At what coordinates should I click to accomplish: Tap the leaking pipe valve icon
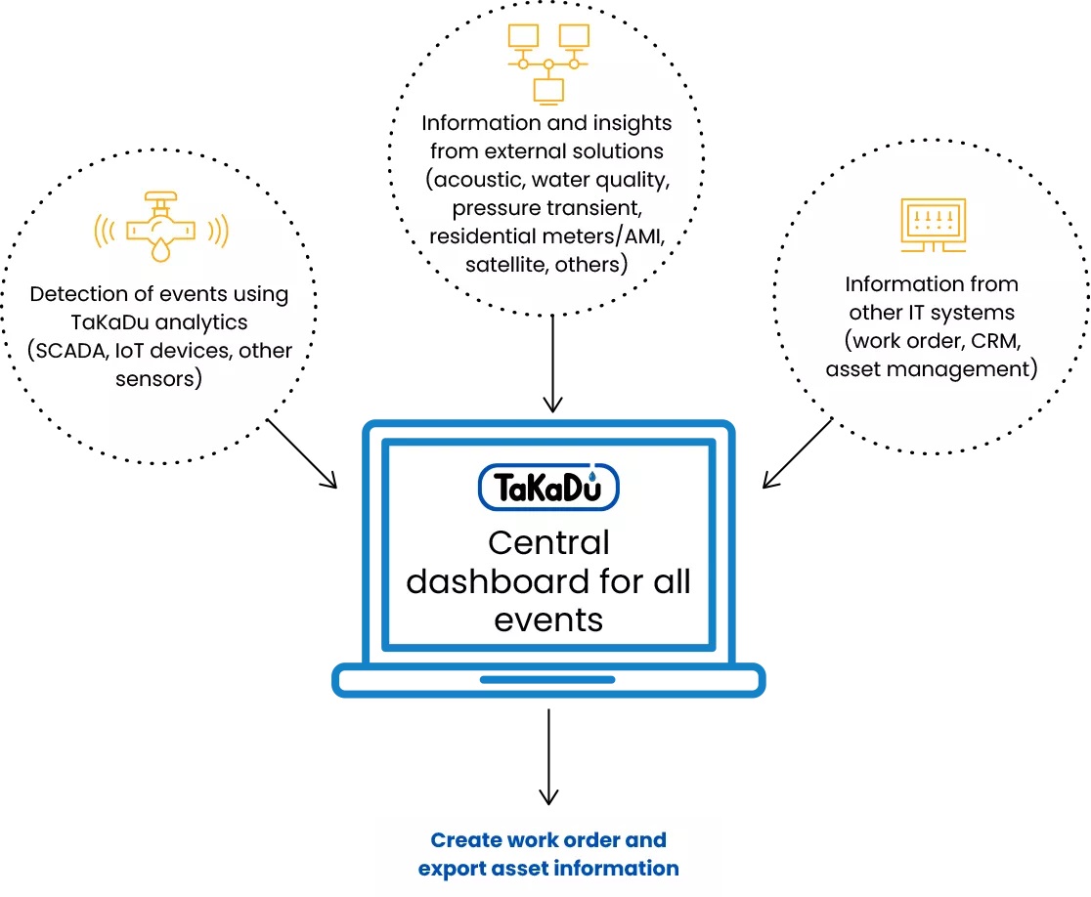tap(161, 229)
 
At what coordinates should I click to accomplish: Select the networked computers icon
tap(547, 63)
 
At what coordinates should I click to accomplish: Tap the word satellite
tap(500, 264)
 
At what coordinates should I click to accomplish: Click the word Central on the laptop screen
tap(548, 543)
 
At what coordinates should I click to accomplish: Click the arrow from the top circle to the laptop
tap(553, 361)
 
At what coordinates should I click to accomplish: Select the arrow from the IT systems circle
tap(798, 452)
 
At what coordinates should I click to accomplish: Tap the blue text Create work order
tap(548, 839)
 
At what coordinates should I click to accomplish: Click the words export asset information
tap(548, 868)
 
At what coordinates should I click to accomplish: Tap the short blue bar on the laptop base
tap(547, 679)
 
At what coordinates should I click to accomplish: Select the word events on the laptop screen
tap(548, 619)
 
